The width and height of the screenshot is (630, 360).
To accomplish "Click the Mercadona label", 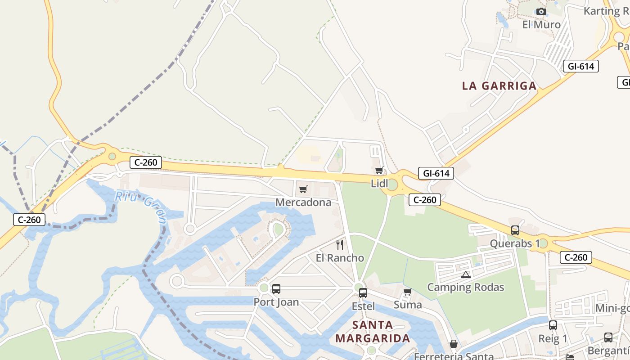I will pos(303,202).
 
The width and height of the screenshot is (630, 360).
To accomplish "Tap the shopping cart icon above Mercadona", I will pos(303,189).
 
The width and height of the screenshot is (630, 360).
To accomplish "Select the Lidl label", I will pos(379,184).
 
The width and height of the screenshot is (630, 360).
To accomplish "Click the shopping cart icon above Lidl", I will pos(379,170).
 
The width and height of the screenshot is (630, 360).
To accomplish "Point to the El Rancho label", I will pos(340,258).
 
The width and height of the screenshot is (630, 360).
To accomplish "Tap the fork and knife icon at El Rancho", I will pos(340,245).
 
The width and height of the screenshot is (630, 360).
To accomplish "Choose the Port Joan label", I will pos(276,302).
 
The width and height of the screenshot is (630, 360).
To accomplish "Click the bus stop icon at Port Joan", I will pos(276,289).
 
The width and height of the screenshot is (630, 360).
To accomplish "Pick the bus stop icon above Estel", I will pos(363,292).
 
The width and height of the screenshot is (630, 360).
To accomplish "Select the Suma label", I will pos(408,305).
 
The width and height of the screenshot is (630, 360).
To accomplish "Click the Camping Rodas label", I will pos(466,287).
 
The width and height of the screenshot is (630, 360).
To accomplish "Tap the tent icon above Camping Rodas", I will pos(466,274).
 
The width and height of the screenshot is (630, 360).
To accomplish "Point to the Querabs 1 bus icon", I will pos(515,230).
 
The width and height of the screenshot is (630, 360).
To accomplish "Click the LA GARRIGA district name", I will pos(499,86).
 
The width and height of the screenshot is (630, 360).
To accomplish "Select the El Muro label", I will pos(541,25).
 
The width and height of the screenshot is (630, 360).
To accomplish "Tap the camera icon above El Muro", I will pos(541,12).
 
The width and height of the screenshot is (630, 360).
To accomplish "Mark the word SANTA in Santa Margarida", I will pos(373,325).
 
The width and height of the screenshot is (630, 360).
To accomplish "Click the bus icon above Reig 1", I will pos(553,325).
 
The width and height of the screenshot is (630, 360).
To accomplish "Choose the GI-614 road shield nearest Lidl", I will pos(436,173).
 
